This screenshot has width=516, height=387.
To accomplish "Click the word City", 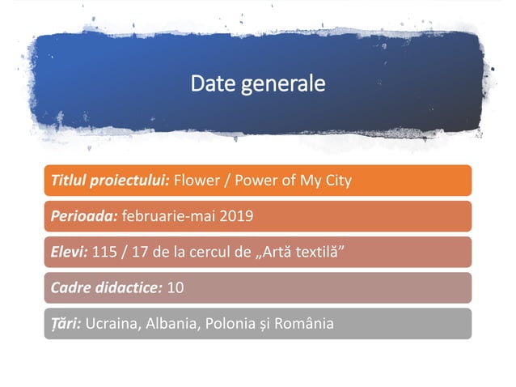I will click(x=336, y=180).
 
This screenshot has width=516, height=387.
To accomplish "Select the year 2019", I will click(x=236, y=216).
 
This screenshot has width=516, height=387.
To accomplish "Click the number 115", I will click(x=106, y=252).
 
